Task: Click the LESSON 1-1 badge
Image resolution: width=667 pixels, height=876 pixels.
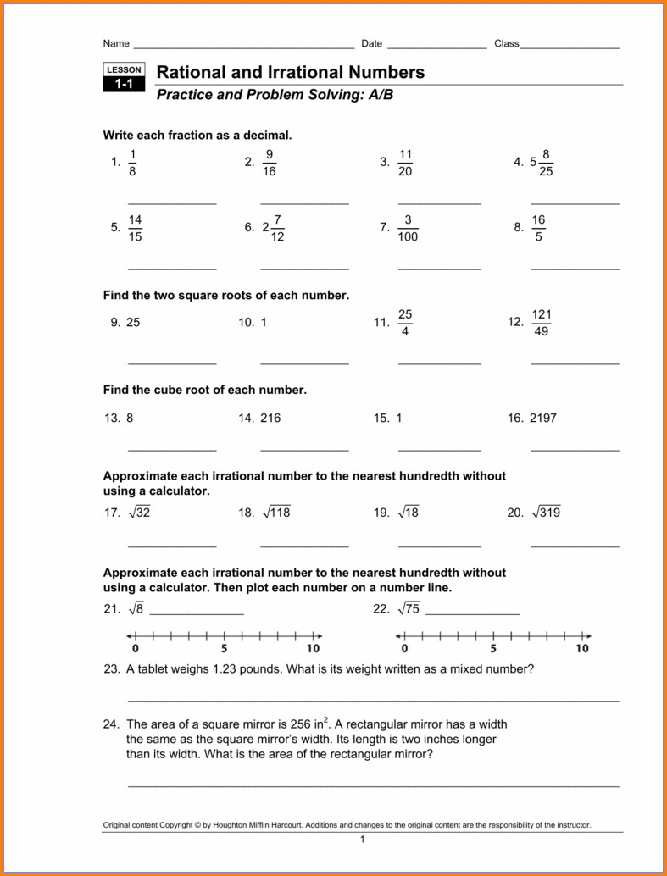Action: pos(124,77)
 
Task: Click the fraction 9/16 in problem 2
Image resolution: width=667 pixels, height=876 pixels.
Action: pos(270,163)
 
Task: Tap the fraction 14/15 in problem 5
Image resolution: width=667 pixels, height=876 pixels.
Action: pos(135,229)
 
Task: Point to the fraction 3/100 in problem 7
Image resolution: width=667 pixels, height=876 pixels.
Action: pos(408,229)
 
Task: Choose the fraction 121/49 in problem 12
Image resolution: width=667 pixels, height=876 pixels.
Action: pos(542,323)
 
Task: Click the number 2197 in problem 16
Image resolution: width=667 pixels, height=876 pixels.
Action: pos(543,418)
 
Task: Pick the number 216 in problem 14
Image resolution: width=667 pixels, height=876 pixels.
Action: pos(270,418)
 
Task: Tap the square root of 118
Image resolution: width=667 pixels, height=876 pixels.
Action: pos(276,513)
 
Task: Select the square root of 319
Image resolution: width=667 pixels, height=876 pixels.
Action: pos(546,513)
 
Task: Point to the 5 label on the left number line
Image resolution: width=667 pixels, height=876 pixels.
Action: pos(225,649)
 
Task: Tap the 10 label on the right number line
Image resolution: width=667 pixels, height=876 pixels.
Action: pos(581,649)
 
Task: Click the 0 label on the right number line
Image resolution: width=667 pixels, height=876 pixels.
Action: pos(404,649)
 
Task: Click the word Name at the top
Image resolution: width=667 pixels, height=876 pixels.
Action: pos(116,43)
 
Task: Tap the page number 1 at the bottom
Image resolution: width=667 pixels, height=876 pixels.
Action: pos(362,840)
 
